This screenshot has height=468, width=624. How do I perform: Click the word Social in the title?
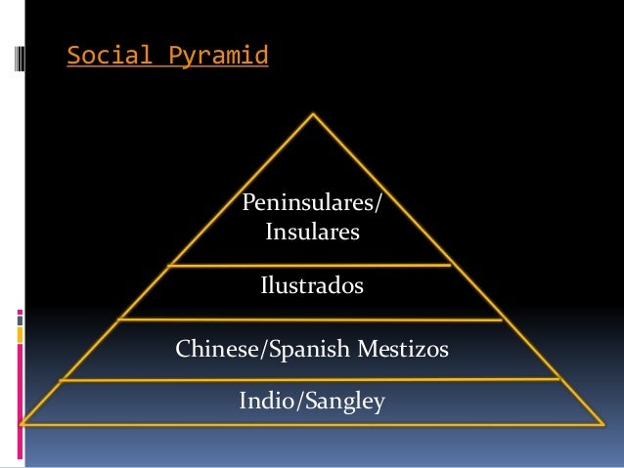coord(103,58)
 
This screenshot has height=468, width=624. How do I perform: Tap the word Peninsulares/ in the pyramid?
coord(312,204)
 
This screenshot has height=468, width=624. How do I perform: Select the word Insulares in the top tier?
coord(312,234)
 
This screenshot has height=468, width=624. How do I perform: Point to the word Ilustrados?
coord(312,286)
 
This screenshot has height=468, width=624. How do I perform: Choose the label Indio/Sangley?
coord(312,401)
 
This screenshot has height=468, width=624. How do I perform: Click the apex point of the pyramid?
coord(313,114)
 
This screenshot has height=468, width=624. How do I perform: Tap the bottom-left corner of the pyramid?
coord(22,424)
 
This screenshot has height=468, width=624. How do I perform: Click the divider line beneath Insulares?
coord(312,265)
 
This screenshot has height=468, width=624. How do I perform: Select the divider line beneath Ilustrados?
coord(312,319)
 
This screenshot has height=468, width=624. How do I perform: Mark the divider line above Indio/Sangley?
coord(312,379)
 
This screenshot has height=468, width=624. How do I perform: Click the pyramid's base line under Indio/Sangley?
coord(312,424)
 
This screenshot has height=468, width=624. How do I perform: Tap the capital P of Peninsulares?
coord(248,204)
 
